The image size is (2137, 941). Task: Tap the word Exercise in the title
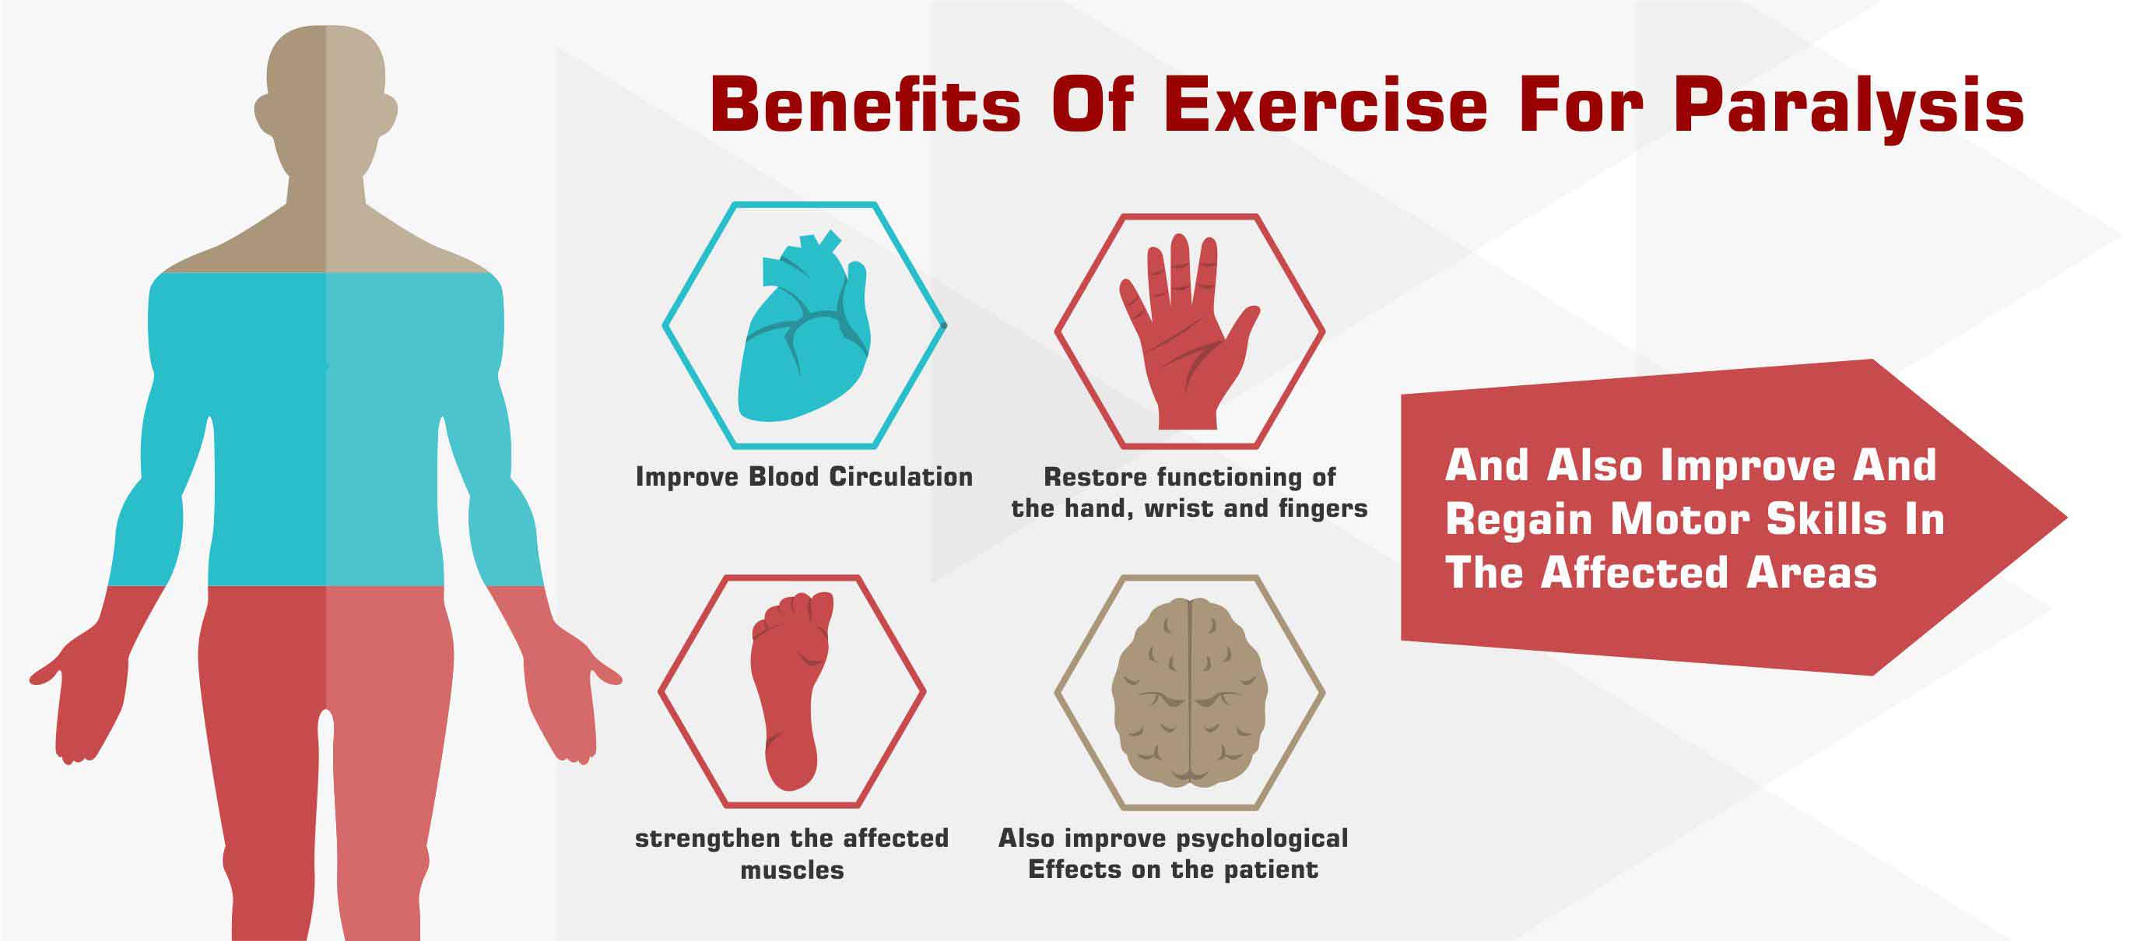point(1325,105)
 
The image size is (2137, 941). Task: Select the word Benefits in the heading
point(865,105)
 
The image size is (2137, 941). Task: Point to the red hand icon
point(1189,330)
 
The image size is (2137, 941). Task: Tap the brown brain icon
point(1190,692)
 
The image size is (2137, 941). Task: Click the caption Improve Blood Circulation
point(804,476)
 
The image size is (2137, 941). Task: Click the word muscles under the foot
point(792,869)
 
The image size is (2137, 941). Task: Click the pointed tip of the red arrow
point(2065,517)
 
